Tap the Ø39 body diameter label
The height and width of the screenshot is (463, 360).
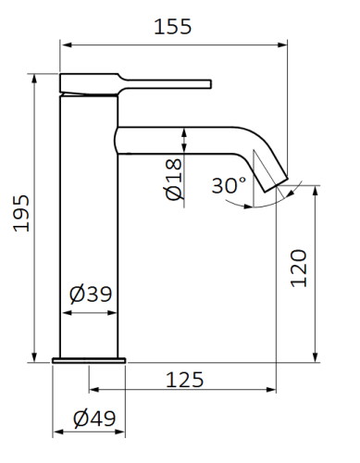pyautogui.click(x=91, y=295)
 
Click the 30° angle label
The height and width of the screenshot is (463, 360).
pyautogui.click(x=228, y=184)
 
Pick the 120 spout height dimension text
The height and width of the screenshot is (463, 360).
pyautogui.click(x=299, y=268)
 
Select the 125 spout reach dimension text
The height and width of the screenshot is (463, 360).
pyautogui.click(x=184, y=379)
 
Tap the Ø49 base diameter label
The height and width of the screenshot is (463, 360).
pyautogui.click(x=94, y=418)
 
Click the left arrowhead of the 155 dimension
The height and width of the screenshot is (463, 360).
pyautogui.click(x=64, y=43)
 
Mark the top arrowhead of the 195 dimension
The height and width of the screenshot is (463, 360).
pyautogui.click(x=35, y=77)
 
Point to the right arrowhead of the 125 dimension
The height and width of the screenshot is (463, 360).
pyautogui.click(x=274, y=393)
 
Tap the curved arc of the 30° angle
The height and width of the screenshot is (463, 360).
pyautogui.click(x=268, y=204)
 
